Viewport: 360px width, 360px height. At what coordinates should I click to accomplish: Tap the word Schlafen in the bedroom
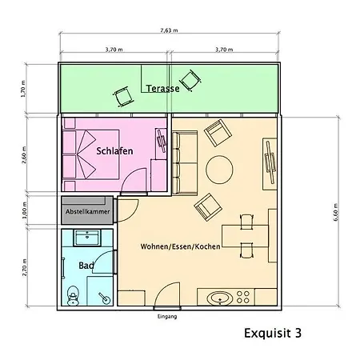point(114,150)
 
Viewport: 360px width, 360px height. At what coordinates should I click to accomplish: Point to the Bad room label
point(86,265)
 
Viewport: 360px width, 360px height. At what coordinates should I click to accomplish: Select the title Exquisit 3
point(272,330)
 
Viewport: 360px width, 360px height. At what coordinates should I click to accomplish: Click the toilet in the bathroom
point(74,295)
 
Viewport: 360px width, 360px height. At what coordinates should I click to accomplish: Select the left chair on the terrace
point(124,95)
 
